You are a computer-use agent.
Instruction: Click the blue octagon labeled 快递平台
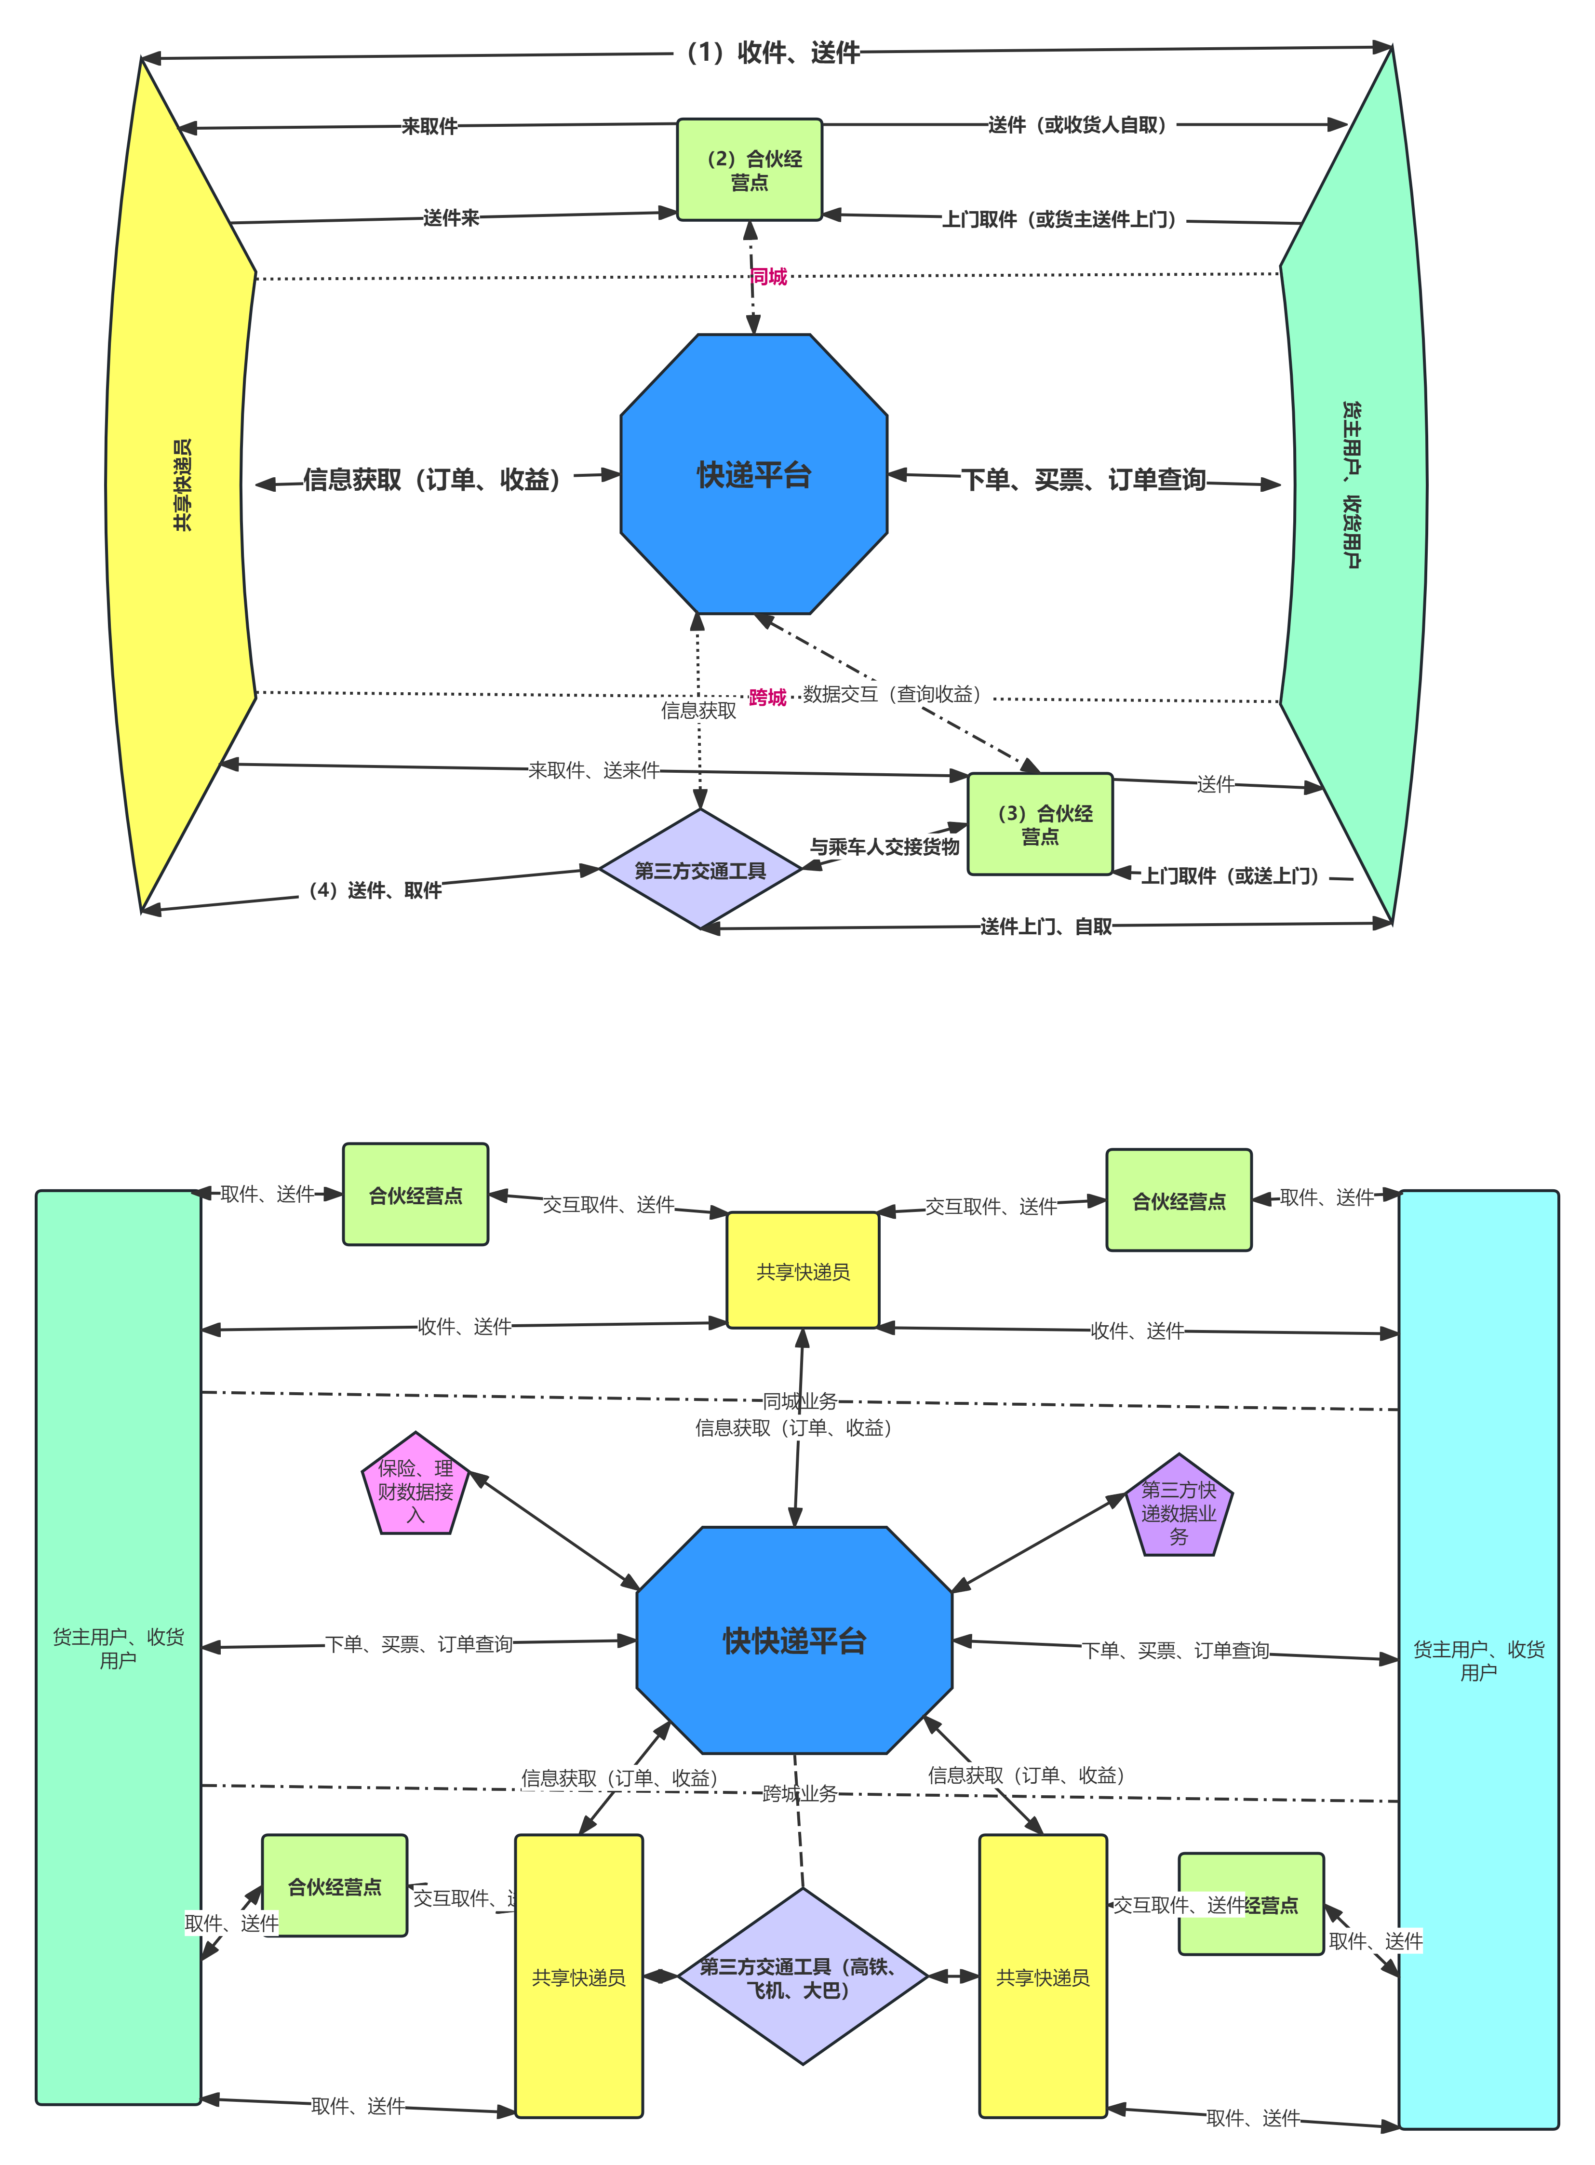(753, 474)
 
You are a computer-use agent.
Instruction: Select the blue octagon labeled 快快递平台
(794, 1640)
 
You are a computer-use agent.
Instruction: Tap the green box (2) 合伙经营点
(749, 170)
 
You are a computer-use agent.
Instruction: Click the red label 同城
(768, 277)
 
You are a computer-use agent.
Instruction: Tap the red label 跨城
(767, 697)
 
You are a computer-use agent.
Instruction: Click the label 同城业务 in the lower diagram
(801, 1400)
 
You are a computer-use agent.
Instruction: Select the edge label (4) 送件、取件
(371, 890)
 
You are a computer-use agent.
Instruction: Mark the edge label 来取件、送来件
(594, 770)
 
